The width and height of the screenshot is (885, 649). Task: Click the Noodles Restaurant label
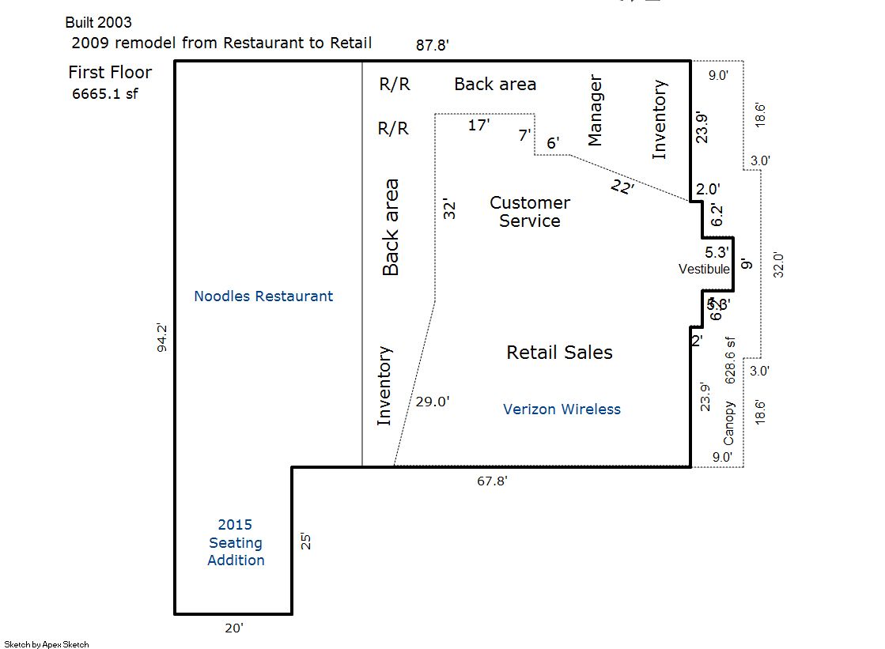[x=263, y=296]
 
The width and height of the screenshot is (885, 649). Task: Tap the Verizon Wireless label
[x=562, y=409]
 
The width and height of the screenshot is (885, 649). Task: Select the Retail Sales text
[x=559, y=353]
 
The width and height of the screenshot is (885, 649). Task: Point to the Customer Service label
[x=530, y=212]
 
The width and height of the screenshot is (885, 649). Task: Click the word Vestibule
[x=704, y=269]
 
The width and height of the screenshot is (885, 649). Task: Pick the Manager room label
[x=595, y=111]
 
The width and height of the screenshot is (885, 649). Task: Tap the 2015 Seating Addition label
[x=236, y=542]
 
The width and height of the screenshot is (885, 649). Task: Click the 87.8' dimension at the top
[x=433, y=45]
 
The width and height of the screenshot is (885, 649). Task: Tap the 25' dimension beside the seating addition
[x=306, y=541]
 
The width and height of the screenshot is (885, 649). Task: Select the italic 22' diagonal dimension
[x=622, y=187]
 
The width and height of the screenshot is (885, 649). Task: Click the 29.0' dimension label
[x=433, y=401]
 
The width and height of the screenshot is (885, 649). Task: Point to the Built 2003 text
[x=98, y=22]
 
